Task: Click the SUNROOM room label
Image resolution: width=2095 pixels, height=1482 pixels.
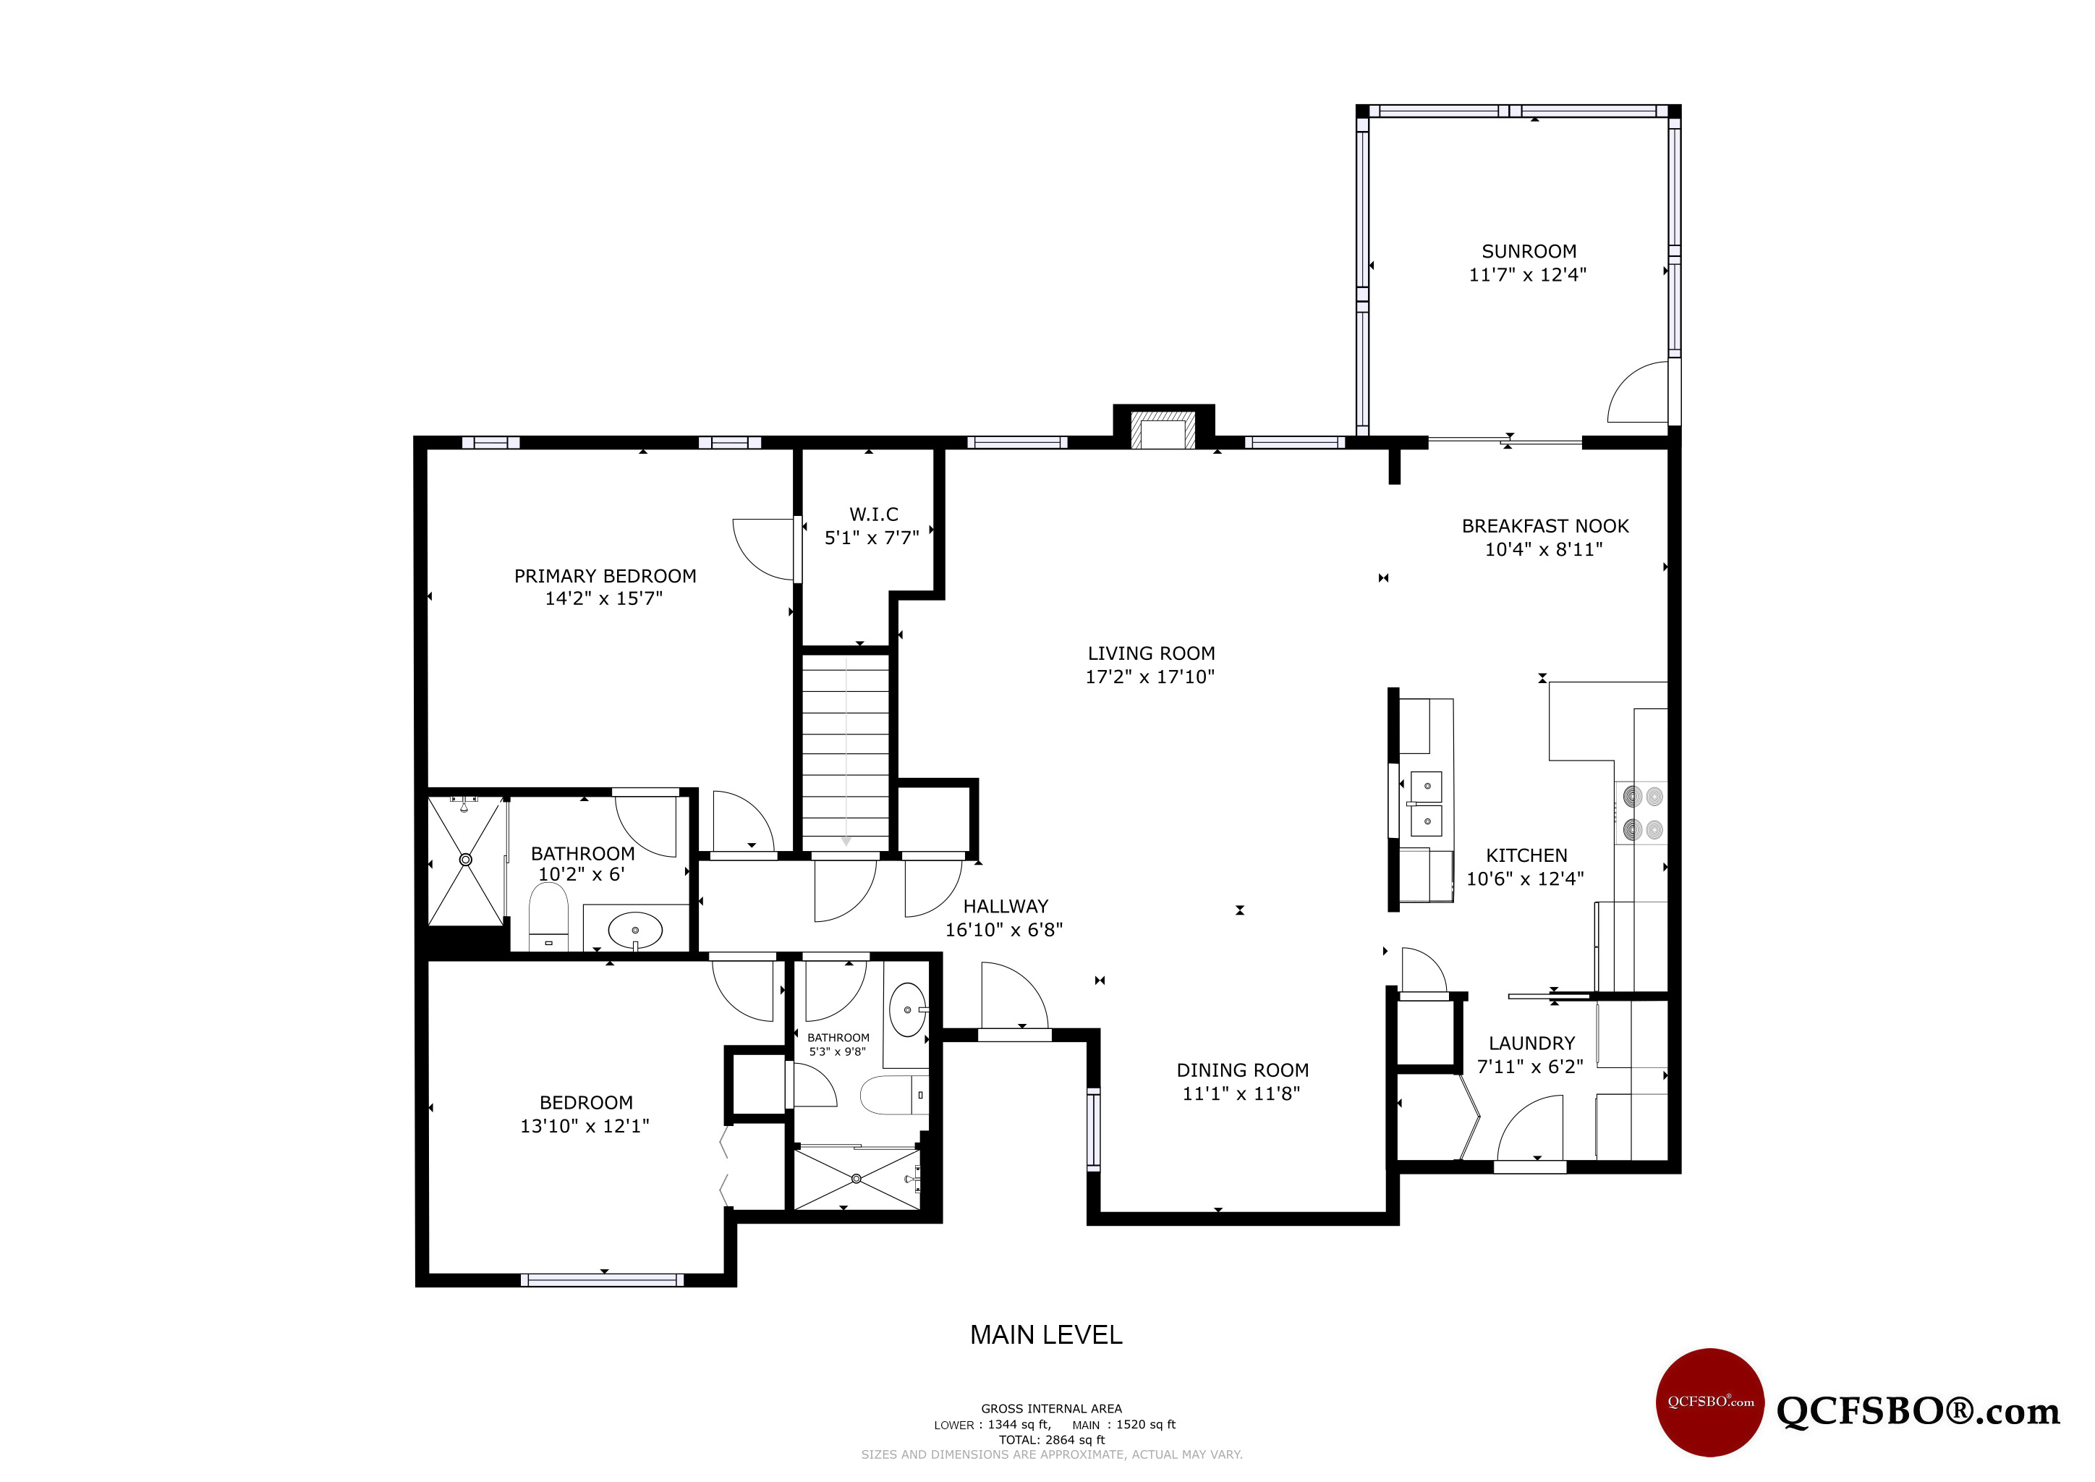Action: click(1529, 251)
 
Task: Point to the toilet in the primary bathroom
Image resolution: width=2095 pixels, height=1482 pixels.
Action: click(548, 915)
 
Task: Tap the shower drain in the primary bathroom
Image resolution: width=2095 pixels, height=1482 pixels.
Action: click(465, 860)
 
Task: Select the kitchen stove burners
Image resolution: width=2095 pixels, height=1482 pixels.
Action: click(1642, 813)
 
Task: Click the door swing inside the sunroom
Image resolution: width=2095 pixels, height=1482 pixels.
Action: click(1638, 392)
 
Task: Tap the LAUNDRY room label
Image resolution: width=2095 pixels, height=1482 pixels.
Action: click(1532, 1043)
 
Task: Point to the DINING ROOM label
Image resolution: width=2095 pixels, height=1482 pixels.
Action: click(1243, 1070)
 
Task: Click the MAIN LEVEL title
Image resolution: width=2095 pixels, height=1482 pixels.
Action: click(1045, 1335)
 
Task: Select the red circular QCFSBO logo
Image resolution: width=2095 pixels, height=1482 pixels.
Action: click(1710, 1402)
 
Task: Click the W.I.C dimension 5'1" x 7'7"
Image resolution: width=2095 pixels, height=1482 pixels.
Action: click(872, 538)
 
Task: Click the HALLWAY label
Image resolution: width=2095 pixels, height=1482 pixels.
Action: click(1006, 906)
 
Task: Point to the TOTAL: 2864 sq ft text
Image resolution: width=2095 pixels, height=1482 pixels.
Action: click(1051, 1440)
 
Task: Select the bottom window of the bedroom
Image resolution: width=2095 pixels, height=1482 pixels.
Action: click(602, 1280)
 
